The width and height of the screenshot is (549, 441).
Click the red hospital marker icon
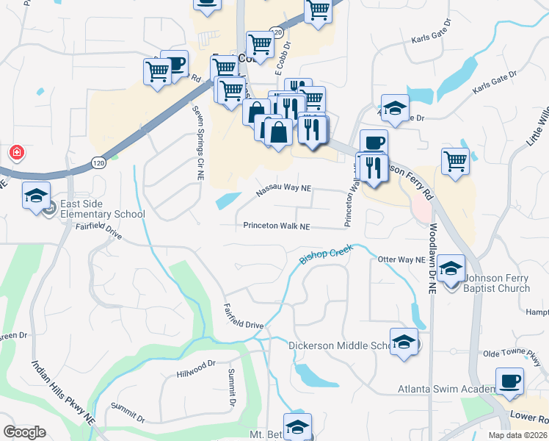(15, 153)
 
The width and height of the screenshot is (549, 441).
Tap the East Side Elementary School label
(103, 209)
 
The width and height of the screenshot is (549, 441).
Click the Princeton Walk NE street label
(277, 226)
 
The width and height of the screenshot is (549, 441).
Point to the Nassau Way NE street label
(284, 190)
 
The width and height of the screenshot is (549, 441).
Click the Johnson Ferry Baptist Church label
(496, 283)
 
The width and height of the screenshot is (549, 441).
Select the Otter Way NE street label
(401, 259)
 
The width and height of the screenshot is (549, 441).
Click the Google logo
(24, 432)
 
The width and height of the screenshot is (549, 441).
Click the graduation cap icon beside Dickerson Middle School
(404, 342)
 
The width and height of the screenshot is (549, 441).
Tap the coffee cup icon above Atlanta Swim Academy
(509, 381)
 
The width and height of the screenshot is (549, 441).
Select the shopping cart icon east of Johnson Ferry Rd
(455, 160)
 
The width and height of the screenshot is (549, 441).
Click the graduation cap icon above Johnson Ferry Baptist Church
(451, 268)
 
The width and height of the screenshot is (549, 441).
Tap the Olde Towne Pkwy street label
(512, 354)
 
